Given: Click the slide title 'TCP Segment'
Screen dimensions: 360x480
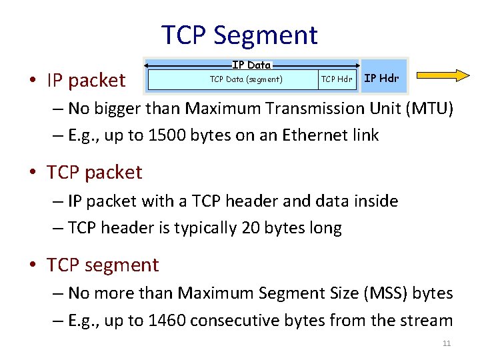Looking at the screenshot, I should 240,35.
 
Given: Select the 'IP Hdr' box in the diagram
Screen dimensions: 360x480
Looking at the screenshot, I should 381,78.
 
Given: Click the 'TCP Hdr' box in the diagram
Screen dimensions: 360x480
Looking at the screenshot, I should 336,79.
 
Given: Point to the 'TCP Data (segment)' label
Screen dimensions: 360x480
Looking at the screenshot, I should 246,79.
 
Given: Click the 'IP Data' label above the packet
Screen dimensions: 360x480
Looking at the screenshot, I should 251,65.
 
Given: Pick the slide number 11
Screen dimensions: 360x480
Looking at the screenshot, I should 447,343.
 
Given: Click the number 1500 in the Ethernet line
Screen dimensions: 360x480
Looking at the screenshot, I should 167,135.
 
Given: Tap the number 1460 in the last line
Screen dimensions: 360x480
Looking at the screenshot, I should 167,321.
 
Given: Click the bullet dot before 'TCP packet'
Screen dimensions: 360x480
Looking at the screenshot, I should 32,173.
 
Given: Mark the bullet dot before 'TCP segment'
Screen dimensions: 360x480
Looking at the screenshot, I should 32,266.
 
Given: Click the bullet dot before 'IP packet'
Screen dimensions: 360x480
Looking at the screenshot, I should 32,81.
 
